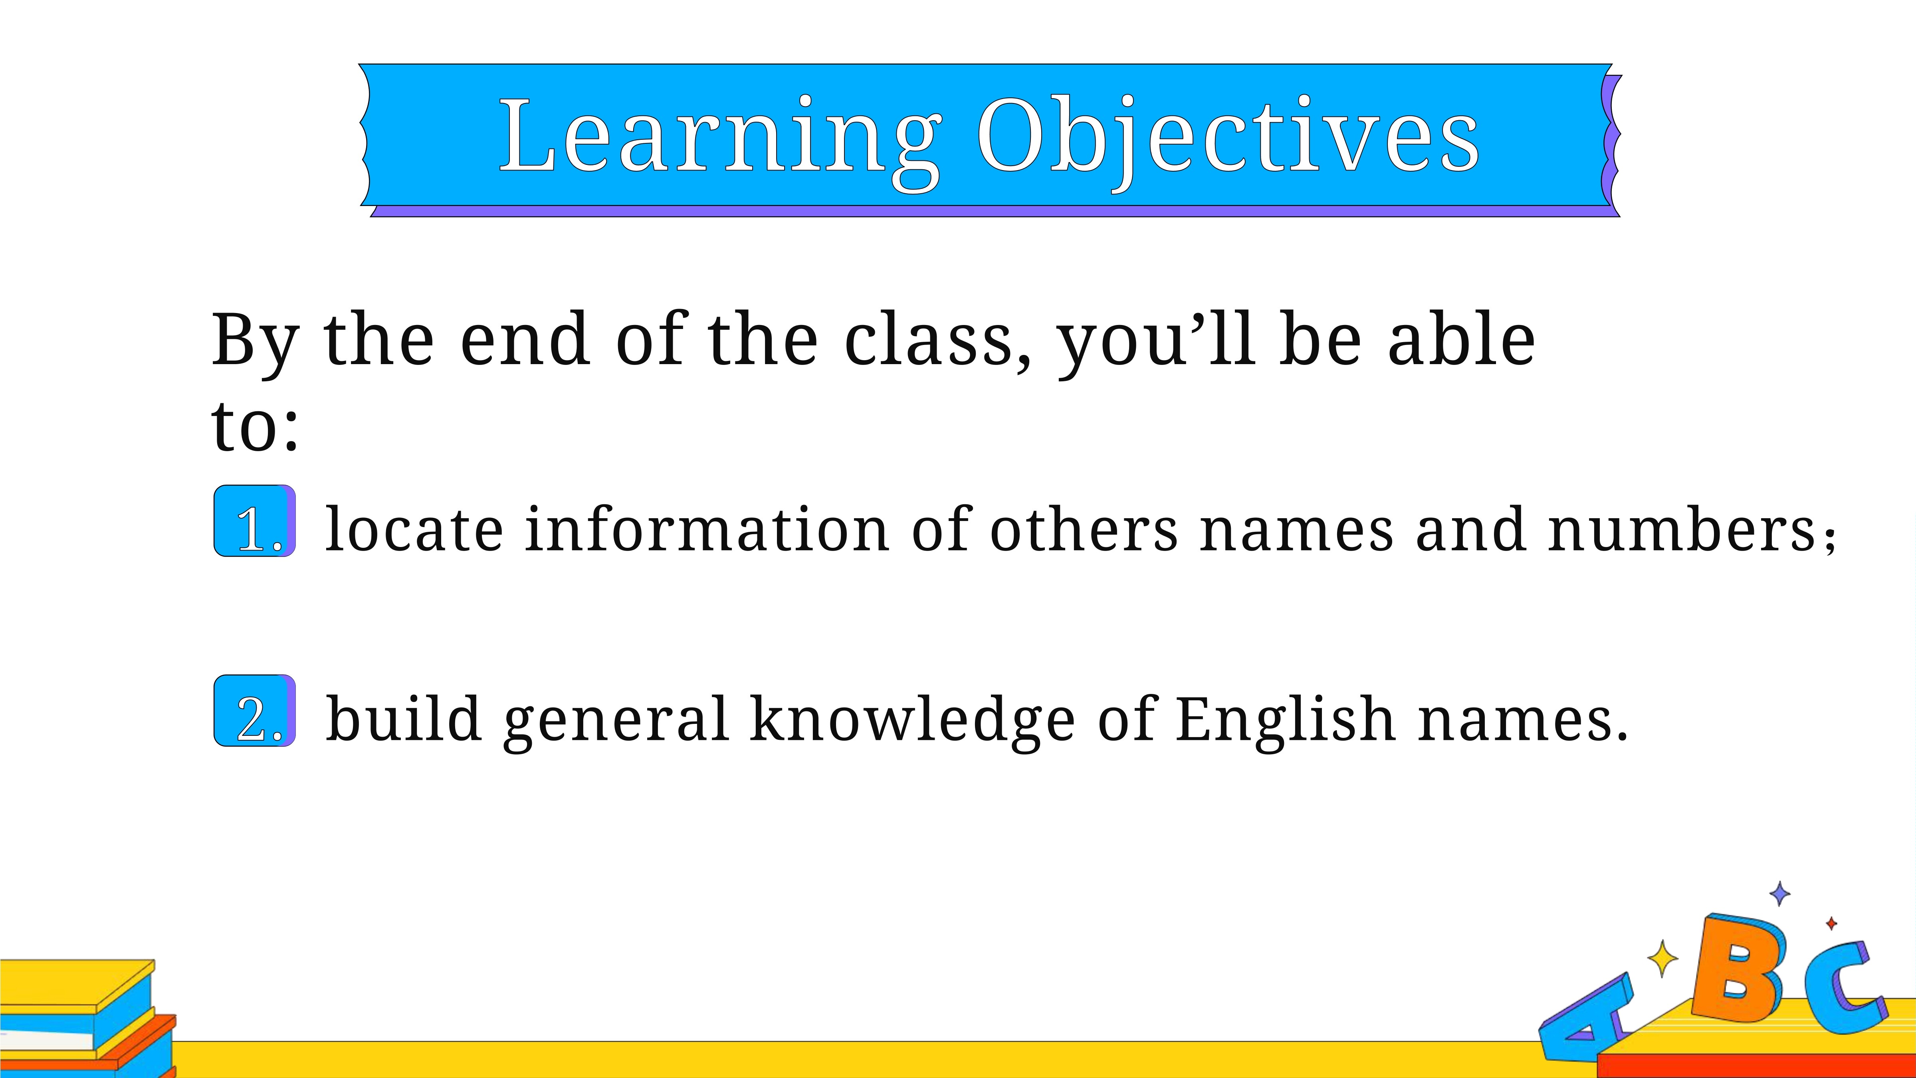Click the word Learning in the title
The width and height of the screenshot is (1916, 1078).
pos(720,141)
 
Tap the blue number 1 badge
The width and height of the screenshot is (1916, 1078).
pos(255,521)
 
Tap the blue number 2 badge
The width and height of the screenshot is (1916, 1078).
pos(255,711)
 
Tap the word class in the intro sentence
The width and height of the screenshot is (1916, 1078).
pos(939,340)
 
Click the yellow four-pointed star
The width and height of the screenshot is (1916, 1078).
pos(1663,958)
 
